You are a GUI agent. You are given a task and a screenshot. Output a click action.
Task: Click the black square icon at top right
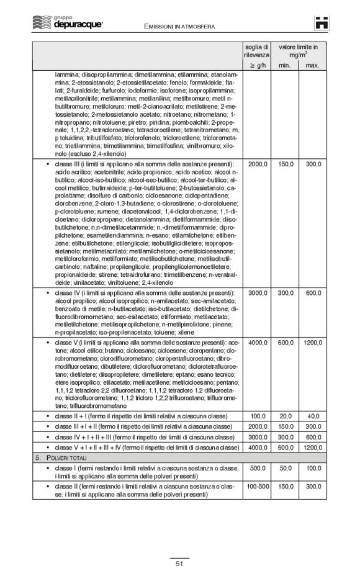point(321,23)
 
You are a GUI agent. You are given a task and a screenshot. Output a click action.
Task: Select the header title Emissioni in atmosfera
point(179,25)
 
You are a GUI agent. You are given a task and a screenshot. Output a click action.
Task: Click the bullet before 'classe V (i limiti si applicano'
point(48,342)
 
